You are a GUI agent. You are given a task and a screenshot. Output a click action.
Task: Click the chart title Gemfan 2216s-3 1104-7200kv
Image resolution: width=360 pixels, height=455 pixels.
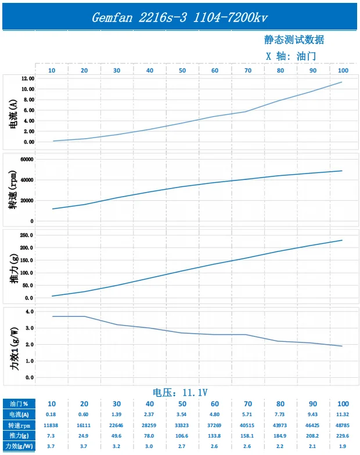(x=180, y=17)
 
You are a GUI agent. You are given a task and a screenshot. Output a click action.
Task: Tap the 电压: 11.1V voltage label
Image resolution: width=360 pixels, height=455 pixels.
(x=180, y=392)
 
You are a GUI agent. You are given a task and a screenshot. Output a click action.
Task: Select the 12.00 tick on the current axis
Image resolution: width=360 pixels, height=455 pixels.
(x=28, y=79)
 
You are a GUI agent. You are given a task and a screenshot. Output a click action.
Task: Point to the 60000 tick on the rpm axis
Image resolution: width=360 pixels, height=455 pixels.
(x=27, y=159)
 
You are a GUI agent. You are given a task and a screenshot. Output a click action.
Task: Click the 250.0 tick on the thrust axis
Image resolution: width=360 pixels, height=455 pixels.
(x=27, y=235)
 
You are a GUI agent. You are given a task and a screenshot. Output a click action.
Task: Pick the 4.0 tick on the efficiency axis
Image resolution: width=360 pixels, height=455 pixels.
(x=30, y=311)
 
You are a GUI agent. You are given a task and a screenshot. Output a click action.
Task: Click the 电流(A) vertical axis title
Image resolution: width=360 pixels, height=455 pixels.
(x=13, y=114)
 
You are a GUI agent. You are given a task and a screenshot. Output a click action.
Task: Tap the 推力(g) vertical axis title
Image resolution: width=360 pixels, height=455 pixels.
(x=14, y=268)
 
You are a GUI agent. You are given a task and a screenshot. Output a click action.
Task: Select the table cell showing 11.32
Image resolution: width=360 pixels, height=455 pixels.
(x=343, y=414)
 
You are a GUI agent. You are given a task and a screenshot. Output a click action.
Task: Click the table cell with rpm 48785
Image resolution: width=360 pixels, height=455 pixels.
(x=343, y=425)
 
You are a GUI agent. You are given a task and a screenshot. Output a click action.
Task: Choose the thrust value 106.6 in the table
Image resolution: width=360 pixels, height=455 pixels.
(x=182, y=436)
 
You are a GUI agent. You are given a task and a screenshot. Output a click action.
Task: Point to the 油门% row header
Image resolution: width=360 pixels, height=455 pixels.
(x=19, y=404)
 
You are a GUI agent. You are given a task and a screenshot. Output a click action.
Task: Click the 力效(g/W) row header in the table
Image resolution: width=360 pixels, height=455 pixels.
(x=19, y=446)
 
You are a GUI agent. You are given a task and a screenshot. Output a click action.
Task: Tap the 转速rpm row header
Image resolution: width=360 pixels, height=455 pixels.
(x=19, y=425)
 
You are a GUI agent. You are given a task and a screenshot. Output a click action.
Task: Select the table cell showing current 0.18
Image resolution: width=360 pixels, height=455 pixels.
(x=51, y=414)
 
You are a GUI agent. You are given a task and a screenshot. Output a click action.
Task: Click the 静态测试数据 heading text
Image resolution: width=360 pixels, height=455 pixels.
(x=294, y=39)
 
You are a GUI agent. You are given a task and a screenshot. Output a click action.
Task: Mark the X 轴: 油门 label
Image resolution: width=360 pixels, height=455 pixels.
(x=291, y=56)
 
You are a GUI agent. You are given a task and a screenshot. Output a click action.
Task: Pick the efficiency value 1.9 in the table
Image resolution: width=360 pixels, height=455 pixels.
(x=343, y=446)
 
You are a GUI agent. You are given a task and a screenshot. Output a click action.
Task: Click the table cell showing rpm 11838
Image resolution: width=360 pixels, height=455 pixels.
(x=51, y=425)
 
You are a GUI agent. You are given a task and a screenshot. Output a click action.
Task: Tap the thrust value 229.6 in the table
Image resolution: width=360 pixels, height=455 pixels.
(x=343, y=436)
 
